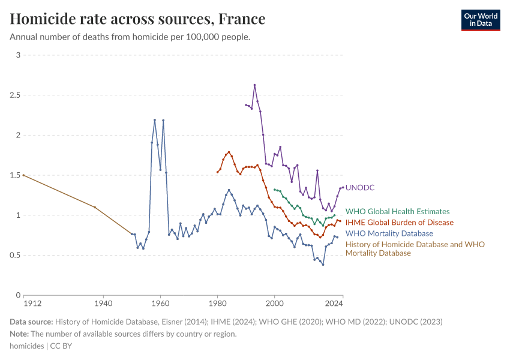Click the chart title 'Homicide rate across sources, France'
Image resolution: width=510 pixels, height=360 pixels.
tap(137, 19)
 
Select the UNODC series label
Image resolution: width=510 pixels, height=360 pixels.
tap(360, 188)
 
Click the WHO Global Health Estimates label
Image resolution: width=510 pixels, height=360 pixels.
tap(397, 211)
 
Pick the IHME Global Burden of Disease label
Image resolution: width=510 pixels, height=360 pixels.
tap(399, 223)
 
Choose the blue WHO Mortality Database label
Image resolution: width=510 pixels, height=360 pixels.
tap(389, 233)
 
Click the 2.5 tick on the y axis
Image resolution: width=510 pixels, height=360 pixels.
tap(16, 95)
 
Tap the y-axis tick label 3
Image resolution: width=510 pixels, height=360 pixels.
tap(18, 55)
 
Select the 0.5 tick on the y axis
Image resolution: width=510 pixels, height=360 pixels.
tap(16, 255)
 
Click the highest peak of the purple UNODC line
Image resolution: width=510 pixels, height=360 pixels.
tap(254, 85)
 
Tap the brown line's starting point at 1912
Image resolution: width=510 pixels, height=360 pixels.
tap(23, 175)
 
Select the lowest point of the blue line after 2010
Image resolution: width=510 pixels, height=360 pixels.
tap(323, 265)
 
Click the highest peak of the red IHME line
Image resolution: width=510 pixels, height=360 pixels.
tap(229, 152)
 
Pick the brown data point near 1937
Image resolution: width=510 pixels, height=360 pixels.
tap(95, 207)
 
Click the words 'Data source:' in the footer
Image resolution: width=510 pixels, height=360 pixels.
tap(31, 322)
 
